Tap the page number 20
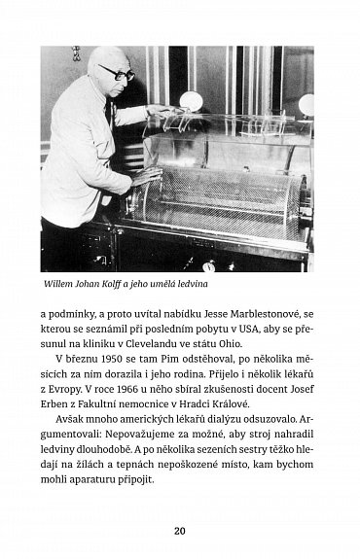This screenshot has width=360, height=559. [180, 530]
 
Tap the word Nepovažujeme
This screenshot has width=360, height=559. [155, 447]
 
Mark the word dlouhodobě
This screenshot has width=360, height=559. [112, 464]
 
